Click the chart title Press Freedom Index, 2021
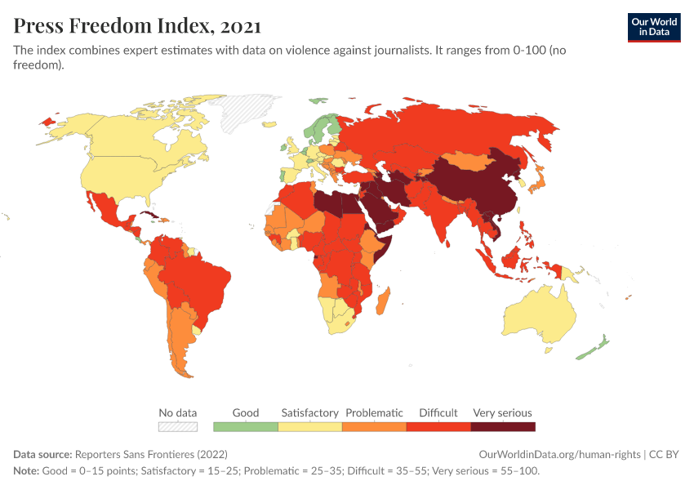(137, 25)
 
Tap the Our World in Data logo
(653, 27)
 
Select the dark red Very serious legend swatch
(503, 426)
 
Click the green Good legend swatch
(245, 426)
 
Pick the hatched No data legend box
(178, 426)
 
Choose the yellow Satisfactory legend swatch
(309, 426)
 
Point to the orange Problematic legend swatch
(374, 426)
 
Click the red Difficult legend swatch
(438, 426)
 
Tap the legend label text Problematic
(374, 412)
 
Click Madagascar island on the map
(383, 301)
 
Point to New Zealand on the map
(594, 346)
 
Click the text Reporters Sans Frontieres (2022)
(151, 454)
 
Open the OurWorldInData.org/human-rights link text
(559, 454)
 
